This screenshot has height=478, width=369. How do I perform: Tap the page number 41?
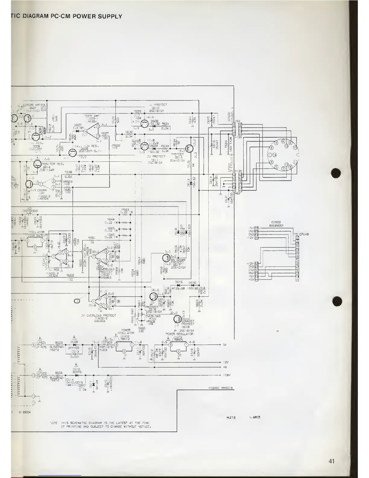pos(332,461)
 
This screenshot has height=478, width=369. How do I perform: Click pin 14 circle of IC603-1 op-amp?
pos(85,131)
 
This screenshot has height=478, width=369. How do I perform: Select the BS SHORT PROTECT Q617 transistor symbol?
pos(167,258)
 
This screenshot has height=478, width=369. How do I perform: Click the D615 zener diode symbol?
pos(178,285)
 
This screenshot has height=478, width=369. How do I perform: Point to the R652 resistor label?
pos(70,275)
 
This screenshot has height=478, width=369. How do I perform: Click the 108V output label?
pos(227,375)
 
